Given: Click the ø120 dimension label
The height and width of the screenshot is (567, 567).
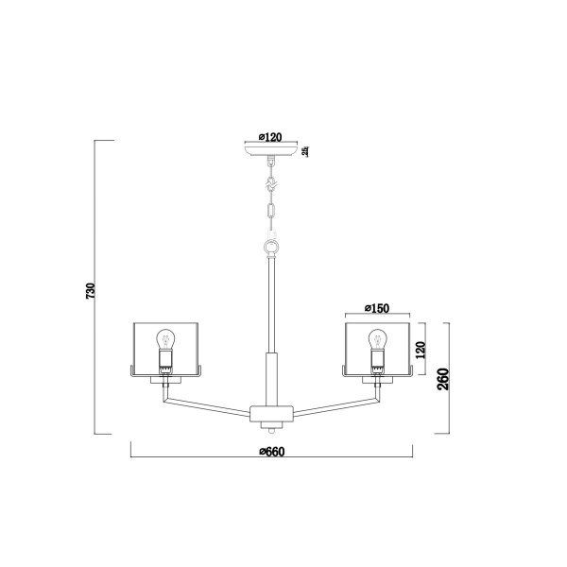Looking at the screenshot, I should pos(271,137).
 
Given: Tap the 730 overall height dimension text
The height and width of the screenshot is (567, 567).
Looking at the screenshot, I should pos(91,289).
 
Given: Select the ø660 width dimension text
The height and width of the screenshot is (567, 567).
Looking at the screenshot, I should pos(271,451).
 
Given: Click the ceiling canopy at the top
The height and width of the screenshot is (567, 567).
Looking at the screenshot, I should pos(272,151).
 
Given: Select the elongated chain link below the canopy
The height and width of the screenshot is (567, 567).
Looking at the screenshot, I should pos(272,212).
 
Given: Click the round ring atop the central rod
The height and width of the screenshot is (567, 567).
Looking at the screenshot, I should pos(272,246).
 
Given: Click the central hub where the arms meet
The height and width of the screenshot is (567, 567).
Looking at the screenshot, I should pos(272,413).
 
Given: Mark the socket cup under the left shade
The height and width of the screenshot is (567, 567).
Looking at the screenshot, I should pos(167,380).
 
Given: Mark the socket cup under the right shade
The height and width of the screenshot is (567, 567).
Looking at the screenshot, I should pos(377,380).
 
